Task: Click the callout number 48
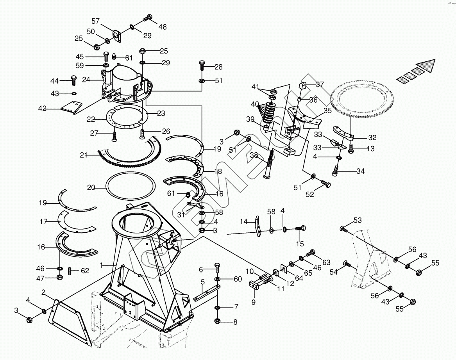tap(162, 27)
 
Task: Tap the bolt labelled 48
tap(148, 18)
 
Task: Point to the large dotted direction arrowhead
tap(426, 65)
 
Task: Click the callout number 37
tap(320, 84)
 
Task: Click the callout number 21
tap(83, 155)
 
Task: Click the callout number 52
tap(309, 194)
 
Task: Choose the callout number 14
tap(244, 221)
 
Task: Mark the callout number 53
tap(358, 220)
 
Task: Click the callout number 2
tap(43, 292)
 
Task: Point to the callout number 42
tap(42, 108)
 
